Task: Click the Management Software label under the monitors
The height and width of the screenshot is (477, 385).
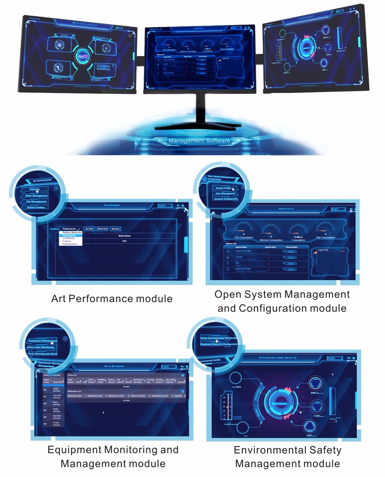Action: [199, 141]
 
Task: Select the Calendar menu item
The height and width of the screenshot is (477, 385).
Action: [35, 189]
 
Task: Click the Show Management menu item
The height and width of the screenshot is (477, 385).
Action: [36, 196]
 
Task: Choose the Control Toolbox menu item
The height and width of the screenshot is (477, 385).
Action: [36, 207]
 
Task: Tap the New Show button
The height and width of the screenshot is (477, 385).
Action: [89, 229]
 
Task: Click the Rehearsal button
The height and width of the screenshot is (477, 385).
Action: [115, 229]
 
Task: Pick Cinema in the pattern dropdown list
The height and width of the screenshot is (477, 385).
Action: [67, 241]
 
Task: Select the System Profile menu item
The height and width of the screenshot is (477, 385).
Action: [223, 188]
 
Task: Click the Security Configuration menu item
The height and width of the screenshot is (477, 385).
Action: [226, 199]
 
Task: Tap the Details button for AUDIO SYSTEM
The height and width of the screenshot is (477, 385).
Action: [291, 252]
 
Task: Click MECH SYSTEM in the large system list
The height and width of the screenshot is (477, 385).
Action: [243, 269]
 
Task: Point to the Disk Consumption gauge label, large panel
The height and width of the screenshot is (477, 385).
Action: [326, 237]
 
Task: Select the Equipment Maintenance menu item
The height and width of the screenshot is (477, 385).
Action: [42, 341]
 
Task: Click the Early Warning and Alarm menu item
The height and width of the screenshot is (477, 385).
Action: [43, 354]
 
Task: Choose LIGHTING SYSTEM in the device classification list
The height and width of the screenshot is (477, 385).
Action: [57, 397]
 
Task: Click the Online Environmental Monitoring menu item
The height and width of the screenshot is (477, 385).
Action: [218, 338]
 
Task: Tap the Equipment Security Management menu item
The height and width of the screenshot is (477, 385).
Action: [219, 344]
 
